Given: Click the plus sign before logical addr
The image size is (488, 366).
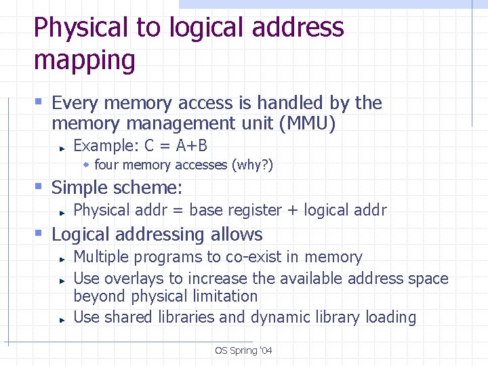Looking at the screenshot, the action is click(x=293, y=210).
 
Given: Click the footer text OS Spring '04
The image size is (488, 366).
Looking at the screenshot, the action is click(x=243, y=350).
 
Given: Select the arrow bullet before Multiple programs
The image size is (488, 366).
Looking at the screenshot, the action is click(x=62, y=259).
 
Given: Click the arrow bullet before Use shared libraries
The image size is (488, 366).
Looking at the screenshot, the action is click(x=62, y=319).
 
